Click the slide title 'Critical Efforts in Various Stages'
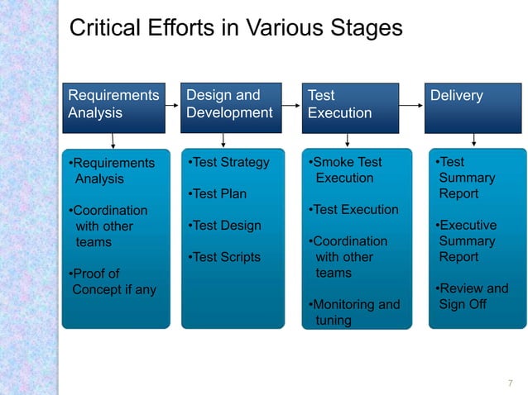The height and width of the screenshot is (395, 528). (x=236, y=28)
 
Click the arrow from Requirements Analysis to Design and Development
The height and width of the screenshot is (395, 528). (x=171, y=106)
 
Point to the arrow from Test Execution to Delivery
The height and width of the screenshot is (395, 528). (x=411, y=107)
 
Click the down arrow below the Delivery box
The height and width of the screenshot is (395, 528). (x=473, y=140)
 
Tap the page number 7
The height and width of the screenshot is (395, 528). (x=510, y=382)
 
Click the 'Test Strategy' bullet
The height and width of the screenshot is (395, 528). (x=229, y=162)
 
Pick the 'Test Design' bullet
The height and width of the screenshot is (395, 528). (x=225, y=226)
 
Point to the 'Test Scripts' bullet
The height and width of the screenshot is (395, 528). (x=225, y=257)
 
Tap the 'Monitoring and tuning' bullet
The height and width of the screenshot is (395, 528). (x=353, y=312)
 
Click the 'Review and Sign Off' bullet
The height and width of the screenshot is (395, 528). (x=472, y=296)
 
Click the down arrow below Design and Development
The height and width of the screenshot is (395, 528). (x=223, y=140)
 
